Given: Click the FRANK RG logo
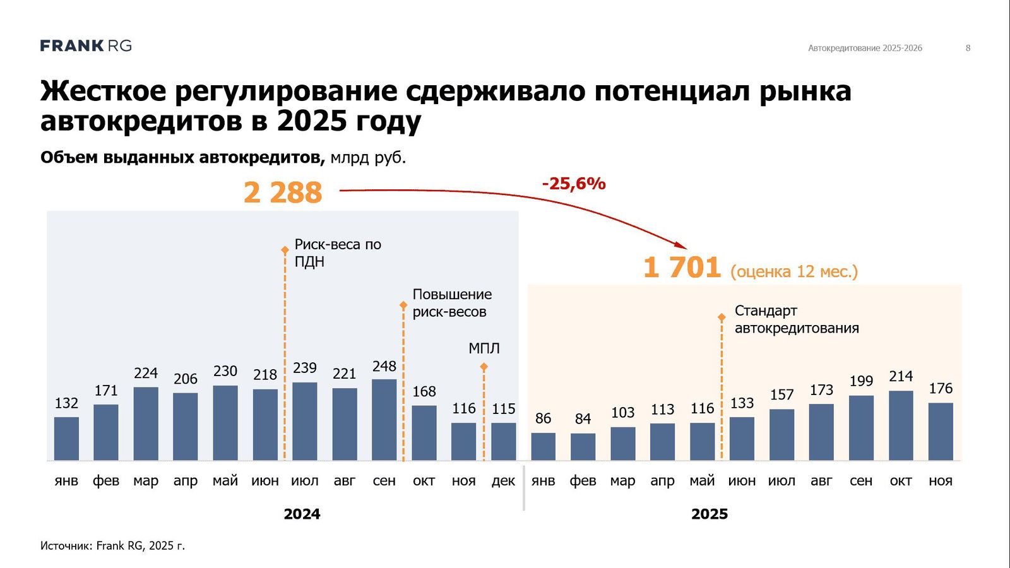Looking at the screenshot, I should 86,45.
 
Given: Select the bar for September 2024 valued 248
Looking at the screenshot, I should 384,420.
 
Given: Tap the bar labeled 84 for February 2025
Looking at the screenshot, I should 583,446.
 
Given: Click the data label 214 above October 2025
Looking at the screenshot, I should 901,376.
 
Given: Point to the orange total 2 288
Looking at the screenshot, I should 283,192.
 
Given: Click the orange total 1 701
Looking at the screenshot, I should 682,267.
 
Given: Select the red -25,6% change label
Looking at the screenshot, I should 574,184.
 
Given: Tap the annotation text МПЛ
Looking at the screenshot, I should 484,348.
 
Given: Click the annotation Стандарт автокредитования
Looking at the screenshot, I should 796,319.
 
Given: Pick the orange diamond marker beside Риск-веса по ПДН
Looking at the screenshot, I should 285,251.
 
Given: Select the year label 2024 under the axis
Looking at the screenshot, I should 302,514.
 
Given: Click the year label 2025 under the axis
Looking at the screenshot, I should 710,514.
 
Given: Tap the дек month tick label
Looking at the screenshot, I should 503,481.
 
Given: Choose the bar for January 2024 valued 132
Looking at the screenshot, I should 66,439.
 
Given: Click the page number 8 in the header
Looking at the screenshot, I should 968,48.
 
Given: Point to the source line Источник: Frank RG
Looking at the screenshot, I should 112,545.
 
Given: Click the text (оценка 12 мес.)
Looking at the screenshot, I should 794,271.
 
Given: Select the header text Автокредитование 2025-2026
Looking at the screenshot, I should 865,48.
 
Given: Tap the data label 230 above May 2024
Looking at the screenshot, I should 225,371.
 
